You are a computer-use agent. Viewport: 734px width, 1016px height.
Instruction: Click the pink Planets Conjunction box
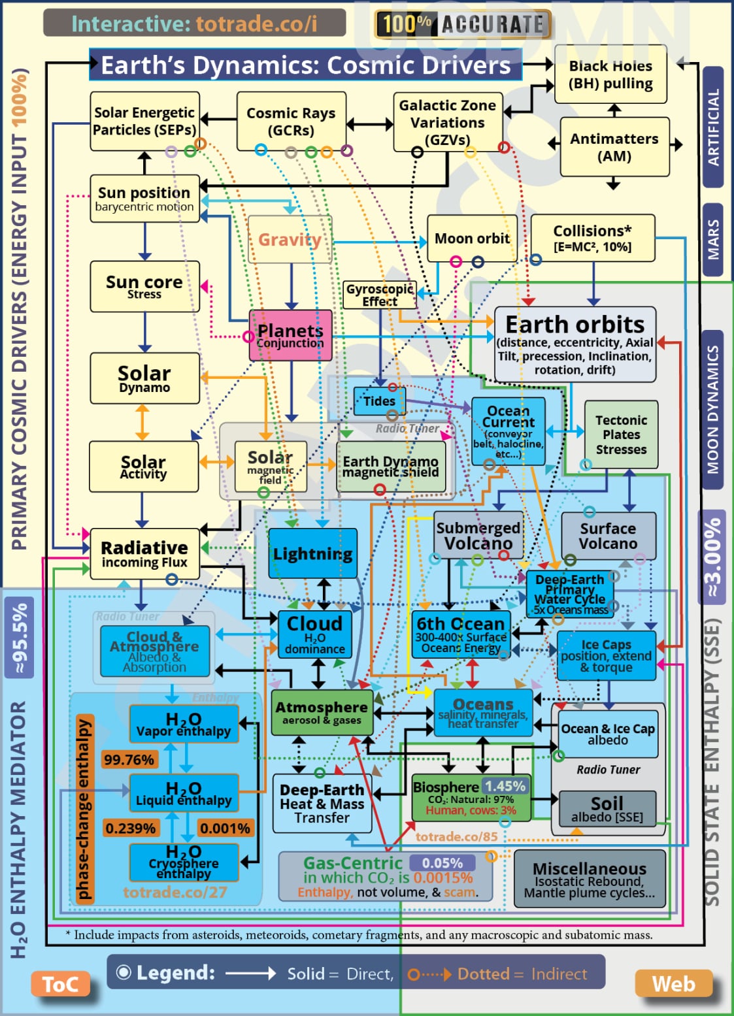[x=290, y=336]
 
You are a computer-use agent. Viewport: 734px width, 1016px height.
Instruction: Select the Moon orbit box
[x=472, y=238]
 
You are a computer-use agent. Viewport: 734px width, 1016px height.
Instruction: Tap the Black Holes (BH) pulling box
[x=610, y=74]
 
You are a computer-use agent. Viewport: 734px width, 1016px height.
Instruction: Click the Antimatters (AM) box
[x=614, y=147]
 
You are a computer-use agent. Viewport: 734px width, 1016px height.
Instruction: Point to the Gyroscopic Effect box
[x=380, y=295]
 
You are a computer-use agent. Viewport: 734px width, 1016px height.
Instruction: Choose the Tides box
[x=379, y=401]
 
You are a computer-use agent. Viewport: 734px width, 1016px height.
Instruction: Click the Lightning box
[x=312, y=553]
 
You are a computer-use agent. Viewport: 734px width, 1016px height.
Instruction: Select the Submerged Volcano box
[x=478, y=535]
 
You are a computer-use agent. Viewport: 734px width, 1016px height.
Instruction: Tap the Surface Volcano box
[x=608, y=535]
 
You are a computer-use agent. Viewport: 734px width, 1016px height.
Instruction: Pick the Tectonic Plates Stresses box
[x=621, y=434]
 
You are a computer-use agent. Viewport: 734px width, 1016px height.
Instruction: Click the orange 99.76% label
[x=129, y=759]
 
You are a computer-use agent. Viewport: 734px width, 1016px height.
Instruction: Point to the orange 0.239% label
[x=130, y=828]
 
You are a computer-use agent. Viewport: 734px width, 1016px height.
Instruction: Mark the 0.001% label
[x=225, y=828]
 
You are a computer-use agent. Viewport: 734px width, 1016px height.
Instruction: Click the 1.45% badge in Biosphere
[x=505, y=785]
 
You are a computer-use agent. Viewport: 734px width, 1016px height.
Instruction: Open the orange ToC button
[x=60, y=984]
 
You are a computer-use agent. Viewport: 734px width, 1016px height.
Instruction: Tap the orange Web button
[x=673, y=984]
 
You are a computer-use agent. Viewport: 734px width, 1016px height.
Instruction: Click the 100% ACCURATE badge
[x=463, y=25]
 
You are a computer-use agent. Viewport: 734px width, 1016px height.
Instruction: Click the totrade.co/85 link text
[x=456, y=836]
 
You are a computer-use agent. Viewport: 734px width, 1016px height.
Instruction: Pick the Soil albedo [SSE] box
[x=607, y=808]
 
